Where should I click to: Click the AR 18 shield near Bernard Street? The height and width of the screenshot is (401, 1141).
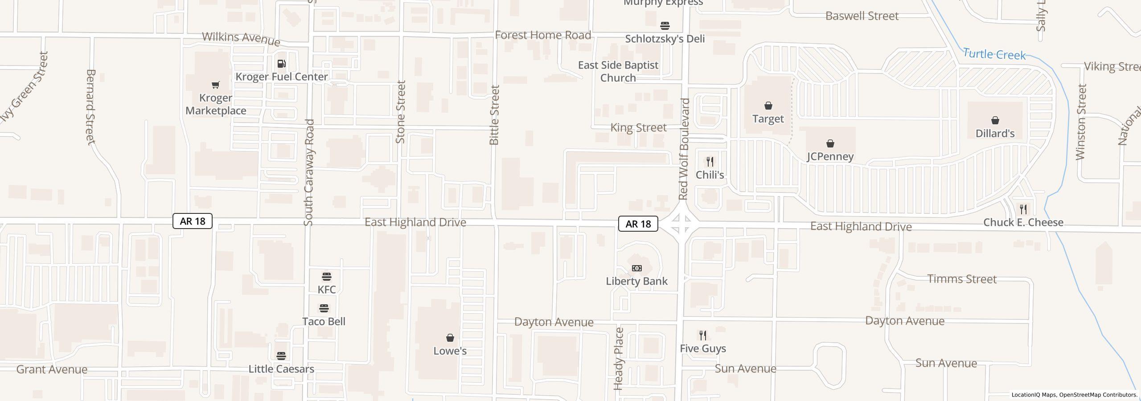point(192,221)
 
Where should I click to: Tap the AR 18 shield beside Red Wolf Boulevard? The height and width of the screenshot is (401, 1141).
point(638,224)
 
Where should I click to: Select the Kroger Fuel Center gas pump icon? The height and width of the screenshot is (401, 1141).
point(281,64)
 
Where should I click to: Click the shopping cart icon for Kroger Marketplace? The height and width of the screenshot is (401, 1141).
point(216,85)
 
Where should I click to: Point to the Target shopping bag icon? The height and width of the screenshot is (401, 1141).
point(768,106)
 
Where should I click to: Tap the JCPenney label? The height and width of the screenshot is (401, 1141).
point(830,156)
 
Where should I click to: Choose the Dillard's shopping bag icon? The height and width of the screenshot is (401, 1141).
point(995,120)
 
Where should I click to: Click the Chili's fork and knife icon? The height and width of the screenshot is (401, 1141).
point(710,161)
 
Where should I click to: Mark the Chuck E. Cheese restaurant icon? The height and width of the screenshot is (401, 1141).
point(1023,209)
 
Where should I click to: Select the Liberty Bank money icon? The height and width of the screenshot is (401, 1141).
point(637,268)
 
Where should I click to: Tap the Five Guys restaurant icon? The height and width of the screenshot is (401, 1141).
point(702,335)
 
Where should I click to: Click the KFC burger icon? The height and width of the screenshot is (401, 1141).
point(326,276)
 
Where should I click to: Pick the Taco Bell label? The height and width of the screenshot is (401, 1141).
point(324,321)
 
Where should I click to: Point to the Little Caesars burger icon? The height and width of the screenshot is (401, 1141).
point(281,356)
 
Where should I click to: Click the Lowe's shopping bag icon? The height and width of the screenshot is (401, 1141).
point(450,338)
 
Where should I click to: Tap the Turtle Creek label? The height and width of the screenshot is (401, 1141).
point(994,54)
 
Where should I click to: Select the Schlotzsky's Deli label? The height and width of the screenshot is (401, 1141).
point(665,39)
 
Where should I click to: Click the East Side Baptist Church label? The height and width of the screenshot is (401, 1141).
point(618,71)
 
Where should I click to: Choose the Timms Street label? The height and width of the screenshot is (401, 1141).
point(961,279)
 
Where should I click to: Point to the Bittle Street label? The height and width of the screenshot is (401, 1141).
point(494,115)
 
